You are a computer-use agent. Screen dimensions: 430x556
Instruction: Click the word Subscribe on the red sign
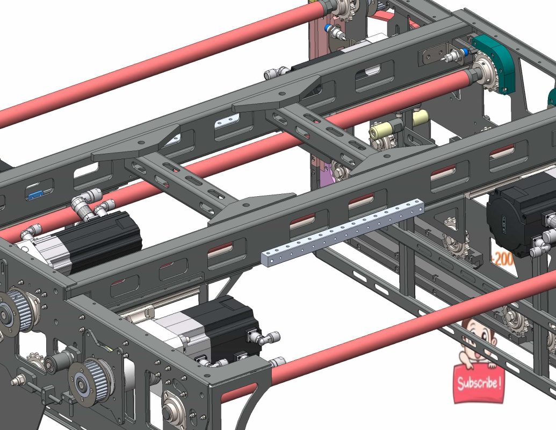[480, 384]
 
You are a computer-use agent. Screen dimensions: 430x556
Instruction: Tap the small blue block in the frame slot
[35, 194]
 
